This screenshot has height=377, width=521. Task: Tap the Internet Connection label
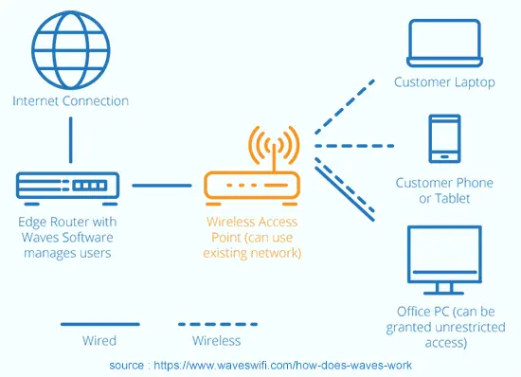(70, 100)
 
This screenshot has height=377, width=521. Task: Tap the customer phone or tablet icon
(444, 138)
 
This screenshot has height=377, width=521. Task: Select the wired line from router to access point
(162, 186)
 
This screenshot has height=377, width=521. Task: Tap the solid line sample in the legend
(99, 325)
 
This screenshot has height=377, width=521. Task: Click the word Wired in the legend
(99, 340)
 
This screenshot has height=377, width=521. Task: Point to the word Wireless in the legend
(216, 340)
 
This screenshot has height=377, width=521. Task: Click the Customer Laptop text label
(444, 82)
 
